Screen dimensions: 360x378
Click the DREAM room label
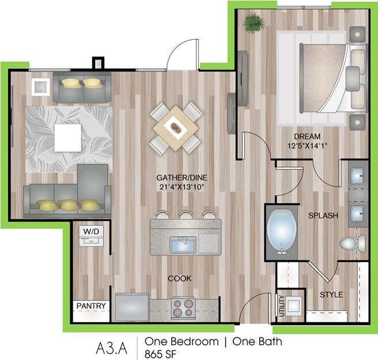(303, 136)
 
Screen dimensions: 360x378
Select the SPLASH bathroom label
(323, 215)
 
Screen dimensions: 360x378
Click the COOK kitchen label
(179, 278)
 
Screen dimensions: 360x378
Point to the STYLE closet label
(331, 294)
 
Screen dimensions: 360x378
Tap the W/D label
(91, 232)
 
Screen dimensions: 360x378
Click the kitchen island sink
(183, 247)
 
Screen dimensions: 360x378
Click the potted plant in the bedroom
(254, 24)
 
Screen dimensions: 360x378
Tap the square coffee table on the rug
(69, 136)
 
